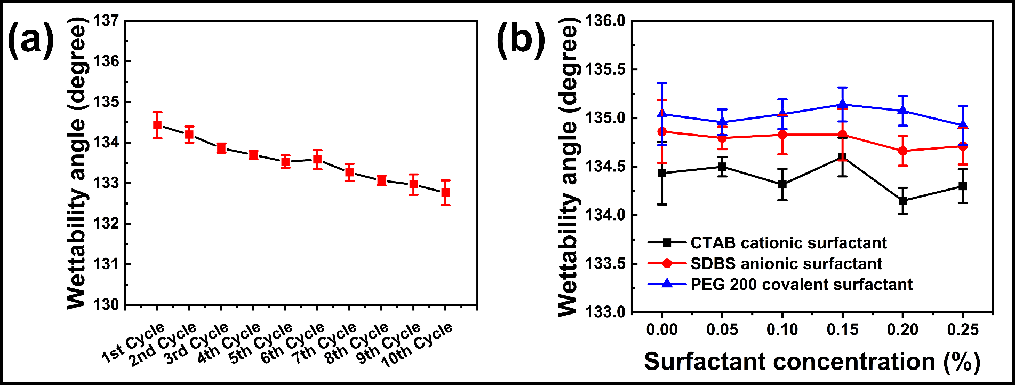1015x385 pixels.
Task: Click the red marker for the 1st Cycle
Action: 157,125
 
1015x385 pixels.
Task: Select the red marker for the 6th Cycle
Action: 317,159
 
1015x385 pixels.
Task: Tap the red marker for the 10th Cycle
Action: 445,192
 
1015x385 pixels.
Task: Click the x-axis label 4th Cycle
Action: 229,343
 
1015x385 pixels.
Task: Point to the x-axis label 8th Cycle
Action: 357,343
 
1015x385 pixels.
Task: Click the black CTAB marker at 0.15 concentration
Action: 842,157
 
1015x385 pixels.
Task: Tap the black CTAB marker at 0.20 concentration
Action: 902,201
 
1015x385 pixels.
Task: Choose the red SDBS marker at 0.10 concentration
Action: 782,135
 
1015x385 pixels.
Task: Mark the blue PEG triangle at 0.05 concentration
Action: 722,122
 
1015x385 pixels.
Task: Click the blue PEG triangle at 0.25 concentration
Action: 963,125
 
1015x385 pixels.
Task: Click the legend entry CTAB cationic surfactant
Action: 788,243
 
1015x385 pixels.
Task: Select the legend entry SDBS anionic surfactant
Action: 786,264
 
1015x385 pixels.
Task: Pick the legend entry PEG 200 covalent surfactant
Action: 801,284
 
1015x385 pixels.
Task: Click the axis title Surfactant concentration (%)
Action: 812,362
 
